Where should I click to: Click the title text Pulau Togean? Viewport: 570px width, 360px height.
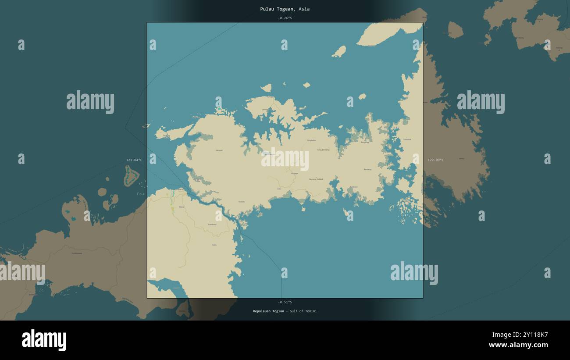[276, 9]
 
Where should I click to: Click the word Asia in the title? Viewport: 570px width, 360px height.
[304, 9]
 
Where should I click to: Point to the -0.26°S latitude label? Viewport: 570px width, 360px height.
[285, 18]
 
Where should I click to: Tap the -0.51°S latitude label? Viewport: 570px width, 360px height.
[285, 302]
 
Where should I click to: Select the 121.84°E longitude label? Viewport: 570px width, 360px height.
[134, 160]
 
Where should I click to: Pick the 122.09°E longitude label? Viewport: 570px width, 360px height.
[435, 160]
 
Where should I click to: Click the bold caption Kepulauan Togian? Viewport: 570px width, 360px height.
[268, 311]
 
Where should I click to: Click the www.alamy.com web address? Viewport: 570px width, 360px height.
[518, 345]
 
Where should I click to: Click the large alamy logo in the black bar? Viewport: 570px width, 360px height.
[44, 340]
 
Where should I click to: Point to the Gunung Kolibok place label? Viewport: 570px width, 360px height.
[316, 179]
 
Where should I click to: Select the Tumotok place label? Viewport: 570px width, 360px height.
[407, 139]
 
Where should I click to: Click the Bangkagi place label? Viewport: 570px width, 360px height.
[365, 143]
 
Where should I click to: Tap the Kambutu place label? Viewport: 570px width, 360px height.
[212, 224]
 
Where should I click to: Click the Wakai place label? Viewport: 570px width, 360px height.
[181, 207]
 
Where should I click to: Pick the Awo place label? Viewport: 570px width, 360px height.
[279, 189]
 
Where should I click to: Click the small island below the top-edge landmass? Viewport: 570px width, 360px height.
[339, 52]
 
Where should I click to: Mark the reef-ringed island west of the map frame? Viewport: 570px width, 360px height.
[131, 177]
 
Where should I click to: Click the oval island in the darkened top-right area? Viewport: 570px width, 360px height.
[455, 30]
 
